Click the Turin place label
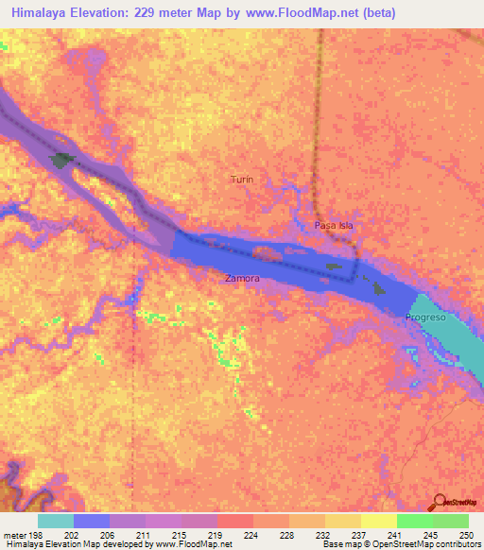[242, 179]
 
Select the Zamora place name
[242, 279]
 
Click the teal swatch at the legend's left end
[55, 521]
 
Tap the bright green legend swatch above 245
[414, 521]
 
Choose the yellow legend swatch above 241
[378, 521]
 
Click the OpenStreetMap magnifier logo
[439, 502]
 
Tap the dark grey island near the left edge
[64, 161]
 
